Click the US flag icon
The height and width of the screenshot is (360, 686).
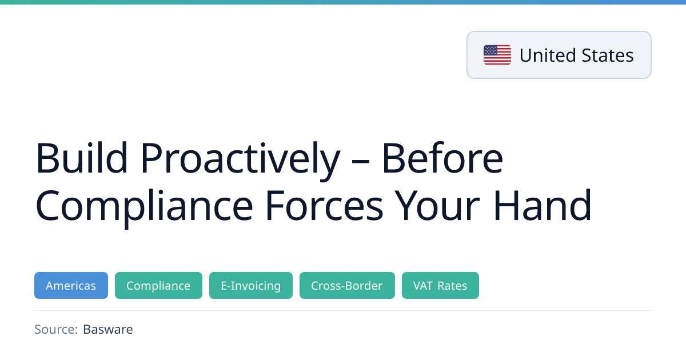click(497, 55)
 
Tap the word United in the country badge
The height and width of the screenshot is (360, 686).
click(548, 55)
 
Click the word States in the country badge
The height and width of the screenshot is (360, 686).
click(607, 55)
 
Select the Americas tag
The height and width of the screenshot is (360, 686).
click(71, 285)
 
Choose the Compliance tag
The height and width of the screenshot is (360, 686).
click(158, 285)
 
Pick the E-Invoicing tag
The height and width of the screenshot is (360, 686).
click(251, 285)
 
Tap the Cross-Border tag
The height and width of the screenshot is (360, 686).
click(347, 285)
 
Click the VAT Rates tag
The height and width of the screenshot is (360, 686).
click(440, 285)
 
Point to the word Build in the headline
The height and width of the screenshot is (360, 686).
click(81, 158)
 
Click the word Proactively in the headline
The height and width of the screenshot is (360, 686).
click(241, 161)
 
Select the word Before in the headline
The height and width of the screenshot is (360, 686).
click(442, 158)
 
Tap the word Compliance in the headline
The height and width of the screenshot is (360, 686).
click(144, 208)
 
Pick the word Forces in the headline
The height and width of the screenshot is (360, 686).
click(324, 205)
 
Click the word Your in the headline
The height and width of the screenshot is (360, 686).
click(437, 205)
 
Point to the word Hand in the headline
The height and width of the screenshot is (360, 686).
click(543, 205)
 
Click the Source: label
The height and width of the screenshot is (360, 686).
click(56, 329)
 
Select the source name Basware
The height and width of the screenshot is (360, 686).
click(108, 329)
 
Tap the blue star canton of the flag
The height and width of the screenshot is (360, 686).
click(490, 50)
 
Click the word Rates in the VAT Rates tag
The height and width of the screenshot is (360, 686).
click(452, 286)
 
